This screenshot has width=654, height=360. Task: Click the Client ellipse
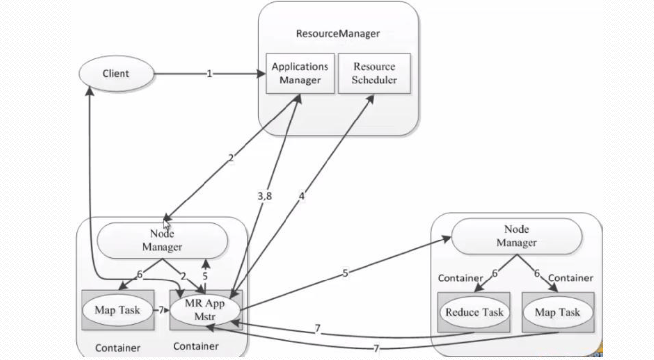click(x=116, y=74)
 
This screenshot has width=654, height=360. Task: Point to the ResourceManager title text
click(x=338, y=34)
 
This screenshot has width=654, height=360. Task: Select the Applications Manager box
click(x=300, y=73)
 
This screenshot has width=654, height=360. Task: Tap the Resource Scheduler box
click(x=374, y=73)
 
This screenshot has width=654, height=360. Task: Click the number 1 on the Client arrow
click(x=209, y=74)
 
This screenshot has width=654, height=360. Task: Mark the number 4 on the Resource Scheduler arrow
click(x=302, y=196)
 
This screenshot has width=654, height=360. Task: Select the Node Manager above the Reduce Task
click(x=516, y=236)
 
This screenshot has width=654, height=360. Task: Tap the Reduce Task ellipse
click(x=474, y=312)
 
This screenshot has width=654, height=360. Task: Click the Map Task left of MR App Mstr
click(x=118, y=311)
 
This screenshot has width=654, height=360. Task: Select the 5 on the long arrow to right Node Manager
click(x=345, y=272)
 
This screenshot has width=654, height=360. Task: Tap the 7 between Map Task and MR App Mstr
click(x=161, y=311)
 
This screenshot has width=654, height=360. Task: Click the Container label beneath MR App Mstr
click(x=196, y=346)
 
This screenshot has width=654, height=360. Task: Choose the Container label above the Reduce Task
click(x=460, y=278)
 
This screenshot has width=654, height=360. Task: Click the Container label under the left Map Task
click(x=118, y=348)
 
